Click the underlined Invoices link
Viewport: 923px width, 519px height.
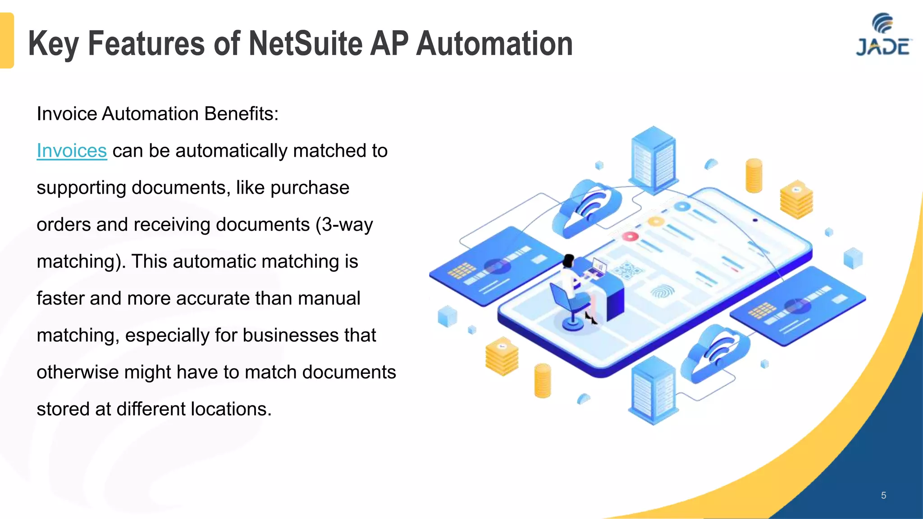tap(72, 151)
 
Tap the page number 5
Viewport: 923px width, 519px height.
tap(883, 496)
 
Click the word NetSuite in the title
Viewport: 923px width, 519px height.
tap(306, 44)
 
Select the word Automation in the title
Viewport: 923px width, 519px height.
tap(494, 44)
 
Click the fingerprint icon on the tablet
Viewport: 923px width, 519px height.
tap(662, 292)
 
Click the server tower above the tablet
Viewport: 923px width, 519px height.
tap(653, 160)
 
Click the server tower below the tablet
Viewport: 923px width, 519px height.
tap(653, 390)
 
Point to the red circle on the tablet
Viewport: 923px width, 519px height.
tap(630, 236)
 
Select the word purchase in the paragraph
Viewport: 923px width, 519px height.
tap(310, 188)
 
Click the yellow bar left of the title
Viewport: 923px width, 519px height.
tap(7, 41)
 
